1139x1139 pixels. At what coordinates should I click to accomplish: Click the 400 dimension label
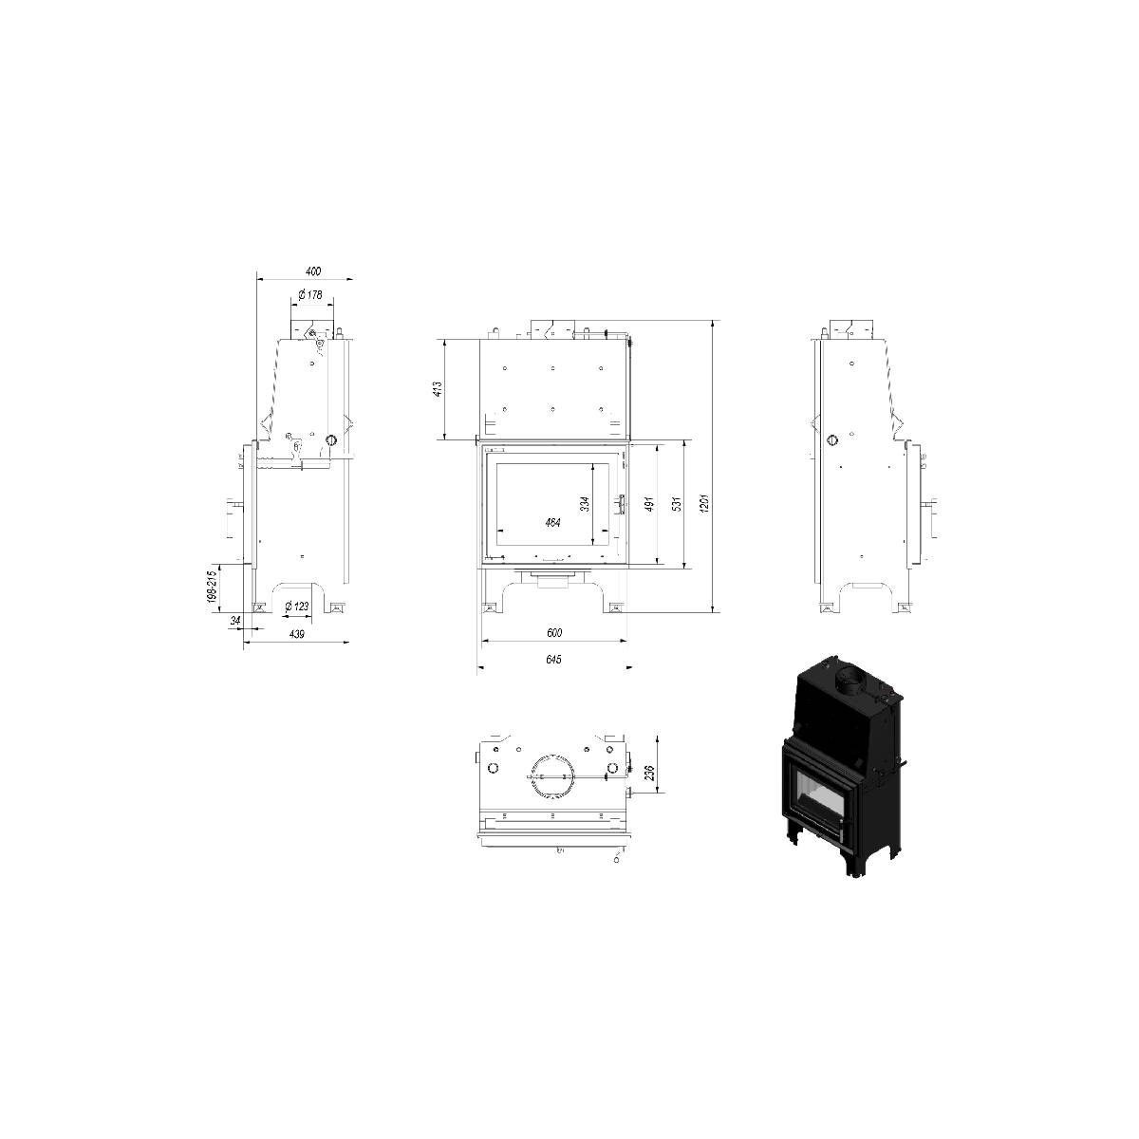pyautogui.click(x=312, y=271)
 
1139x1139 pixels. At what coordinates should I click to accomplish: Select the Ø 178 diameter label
pyautogui.click(x=310, y=294)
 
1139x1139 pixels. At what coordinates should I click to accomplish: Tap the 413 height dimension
pyautogui.click(x=438, y=388)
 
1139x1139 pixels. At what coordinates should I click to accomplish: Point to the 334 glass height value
pyautogui.click(x=585, y=504)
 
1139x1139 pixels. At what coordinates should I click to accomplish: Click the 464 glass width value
pyautogui.click(x=552, y=522)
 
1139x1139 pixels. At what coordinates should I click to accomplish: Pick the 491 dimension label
pyautogui.click(x=649, y=504)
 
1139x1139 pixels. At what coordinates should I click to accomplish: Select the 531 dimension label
pyautogui.click(x=678, y=504)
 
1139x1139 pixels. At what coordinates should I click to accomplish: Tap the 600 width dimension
pyautogui.click(x=553, y=632)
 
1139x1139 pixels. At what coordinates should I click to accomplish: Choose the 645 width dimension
pyautogui.click(x=553, y=660)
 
